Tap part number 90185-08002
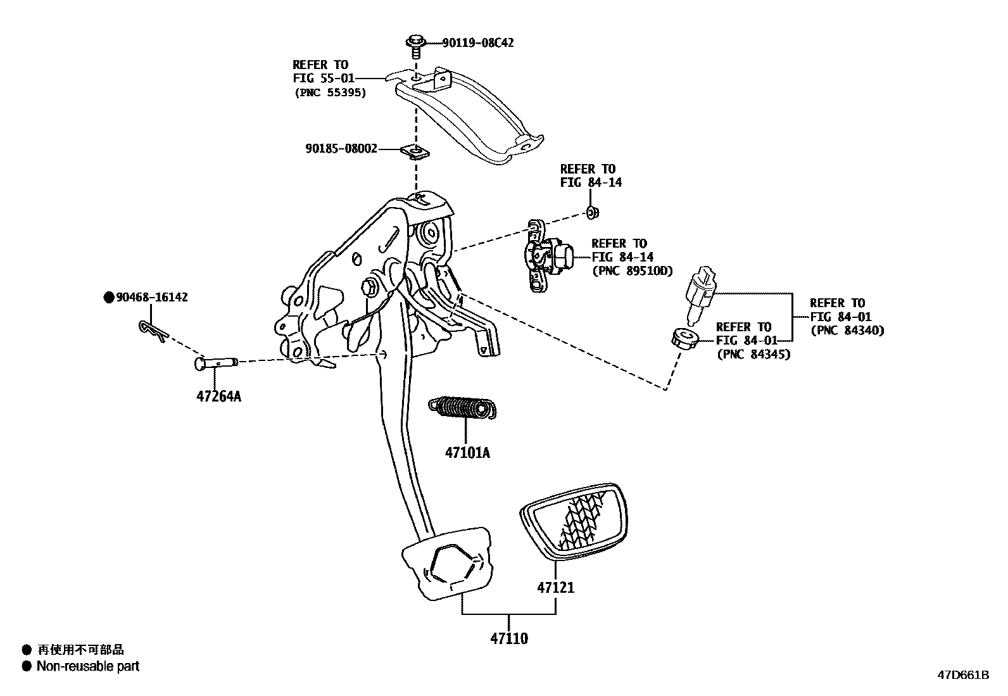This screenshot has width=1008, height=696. tap(341, 149)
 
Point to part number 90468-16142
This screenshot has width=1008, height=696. tap(151, 297)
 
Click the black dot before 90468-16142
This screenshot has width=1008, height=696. tap(108, 297)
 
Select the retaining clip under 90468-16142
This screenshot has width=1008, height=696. tap(153, 330)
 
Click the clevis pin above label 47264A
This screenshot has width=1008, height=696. tap(215, 363)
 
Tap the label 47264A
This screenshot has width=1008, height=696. tap(218, 397)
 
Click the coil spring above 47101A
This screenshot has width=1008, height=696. tap(463, 408)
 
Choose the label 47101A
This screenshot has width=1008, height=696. tap(467, 453)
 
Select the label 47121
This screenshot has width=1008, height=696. tap(556, 588)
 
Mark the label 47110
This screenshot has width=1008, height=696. tap(508, 638)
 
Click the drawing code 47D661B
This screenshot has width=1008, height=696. tap(963, 675)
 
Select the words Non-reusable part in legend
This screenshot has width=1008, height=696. tap(88, 666)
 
